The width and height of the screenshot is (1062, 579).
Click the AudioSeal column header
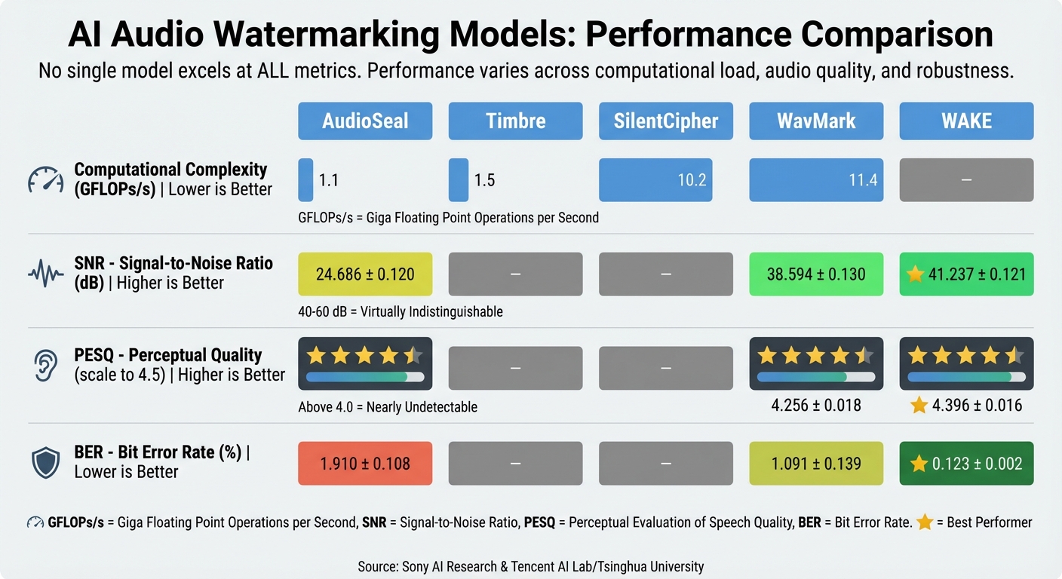pos(365,121)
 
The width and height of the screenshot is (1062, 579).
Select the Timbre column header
pos(515,121)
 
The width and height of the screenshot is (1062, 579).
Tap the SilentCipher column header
pos(666,121)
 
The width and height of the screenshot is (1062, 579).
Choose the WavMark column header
pos(816,121)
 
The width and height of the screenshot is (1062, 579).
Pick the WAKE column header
pos(966,121)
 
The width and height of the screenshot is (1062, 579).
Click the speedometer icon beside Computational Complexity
pos(46,179)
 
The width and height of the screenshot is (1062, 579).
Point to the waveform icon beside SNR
pos(46,274)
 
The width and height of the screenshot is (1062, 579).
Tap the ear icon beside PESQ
pos(46,365)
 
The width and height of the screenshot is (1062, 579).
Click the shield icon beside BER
pos(46,462)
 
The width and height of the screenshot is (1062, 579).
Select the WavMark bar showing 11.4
pos(816,180)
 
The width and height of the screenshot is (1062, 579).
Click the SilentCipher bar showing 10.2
pos(666,180)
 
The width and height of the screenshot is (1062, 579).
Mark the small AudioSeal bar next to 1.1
pos(305,180)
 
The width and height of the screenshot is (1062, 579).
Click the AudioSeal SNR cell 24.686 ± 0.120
pos(365,274)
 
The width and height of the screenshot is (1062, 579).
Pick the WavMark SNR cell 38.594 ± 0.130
pos(816,274)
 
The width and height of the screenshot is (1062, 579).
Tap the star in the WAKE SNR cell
pos(915,274)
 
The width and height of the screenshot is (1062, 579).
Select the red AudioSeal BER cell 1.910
pos(365,463)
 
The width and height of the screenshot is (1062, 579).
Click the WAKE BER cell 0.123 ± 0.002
pos(966,463)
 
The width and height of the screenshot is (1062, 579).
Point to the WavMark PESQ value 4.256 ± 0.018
pos(816,406)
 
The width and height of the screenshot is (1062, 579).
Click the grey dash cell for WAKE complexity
pos(966,180)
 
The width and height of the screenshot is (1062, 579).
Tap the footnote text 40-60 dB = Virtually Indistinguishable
pos(401,311)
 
